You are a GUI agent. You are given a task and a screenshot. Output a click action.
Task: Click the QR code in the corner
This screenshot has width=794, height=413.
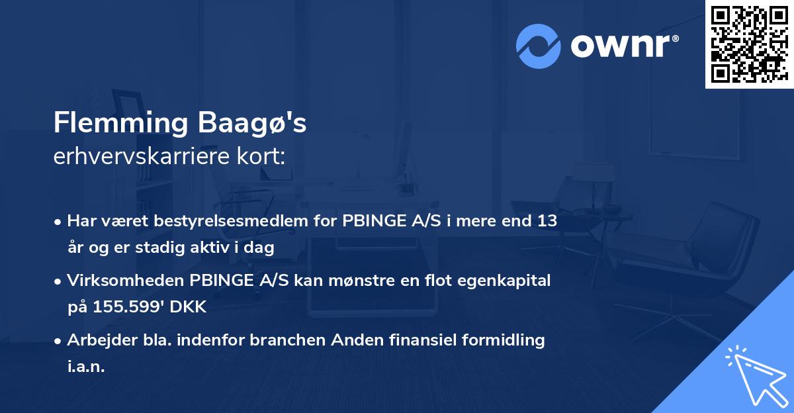749,44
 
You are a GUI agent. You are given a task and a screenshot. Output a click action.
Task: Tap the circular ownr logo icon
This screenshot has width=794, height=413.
539,46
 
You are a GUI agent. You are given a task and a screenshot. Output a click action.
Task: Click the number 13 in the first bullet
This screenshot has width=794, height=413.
547,221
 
